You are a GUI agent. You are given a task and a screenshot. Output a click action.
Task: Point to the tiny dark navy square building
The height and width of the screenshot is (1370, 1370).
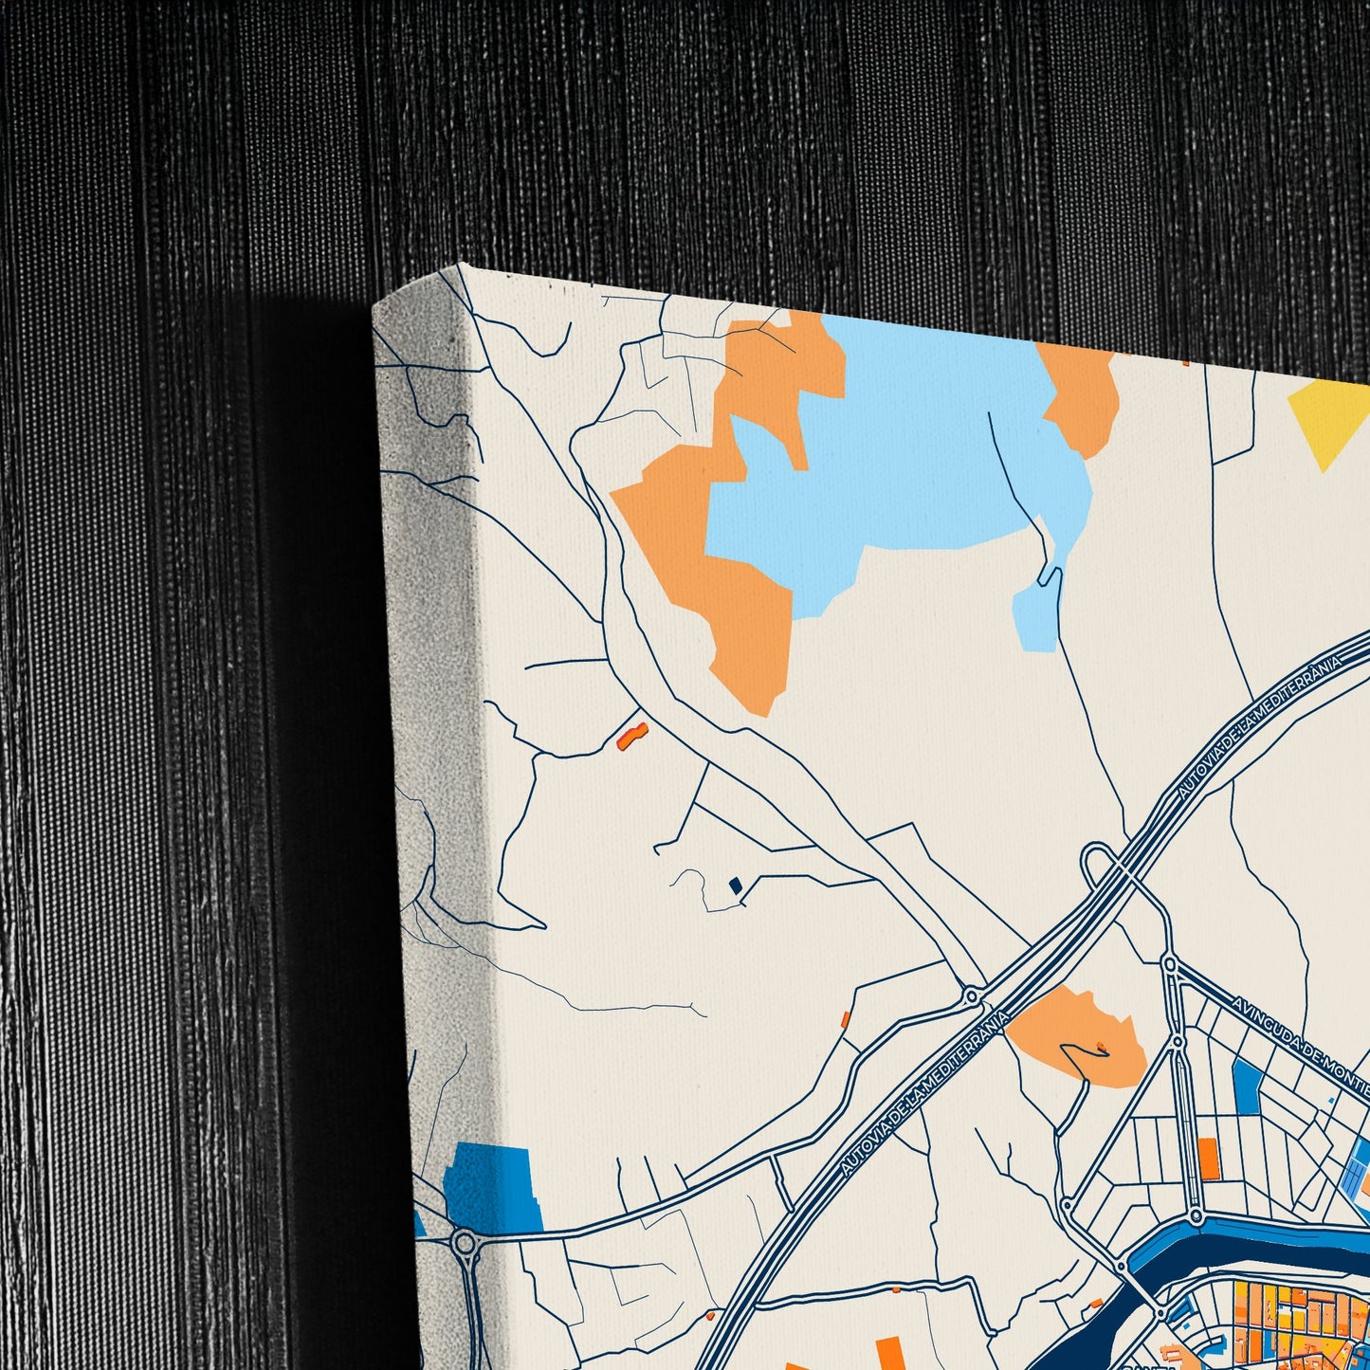[x=734, y=886]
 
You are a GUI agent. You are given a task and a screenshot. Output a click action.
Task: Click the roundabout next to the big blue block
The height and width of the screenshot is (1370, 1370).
[x=465, y=1243]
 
